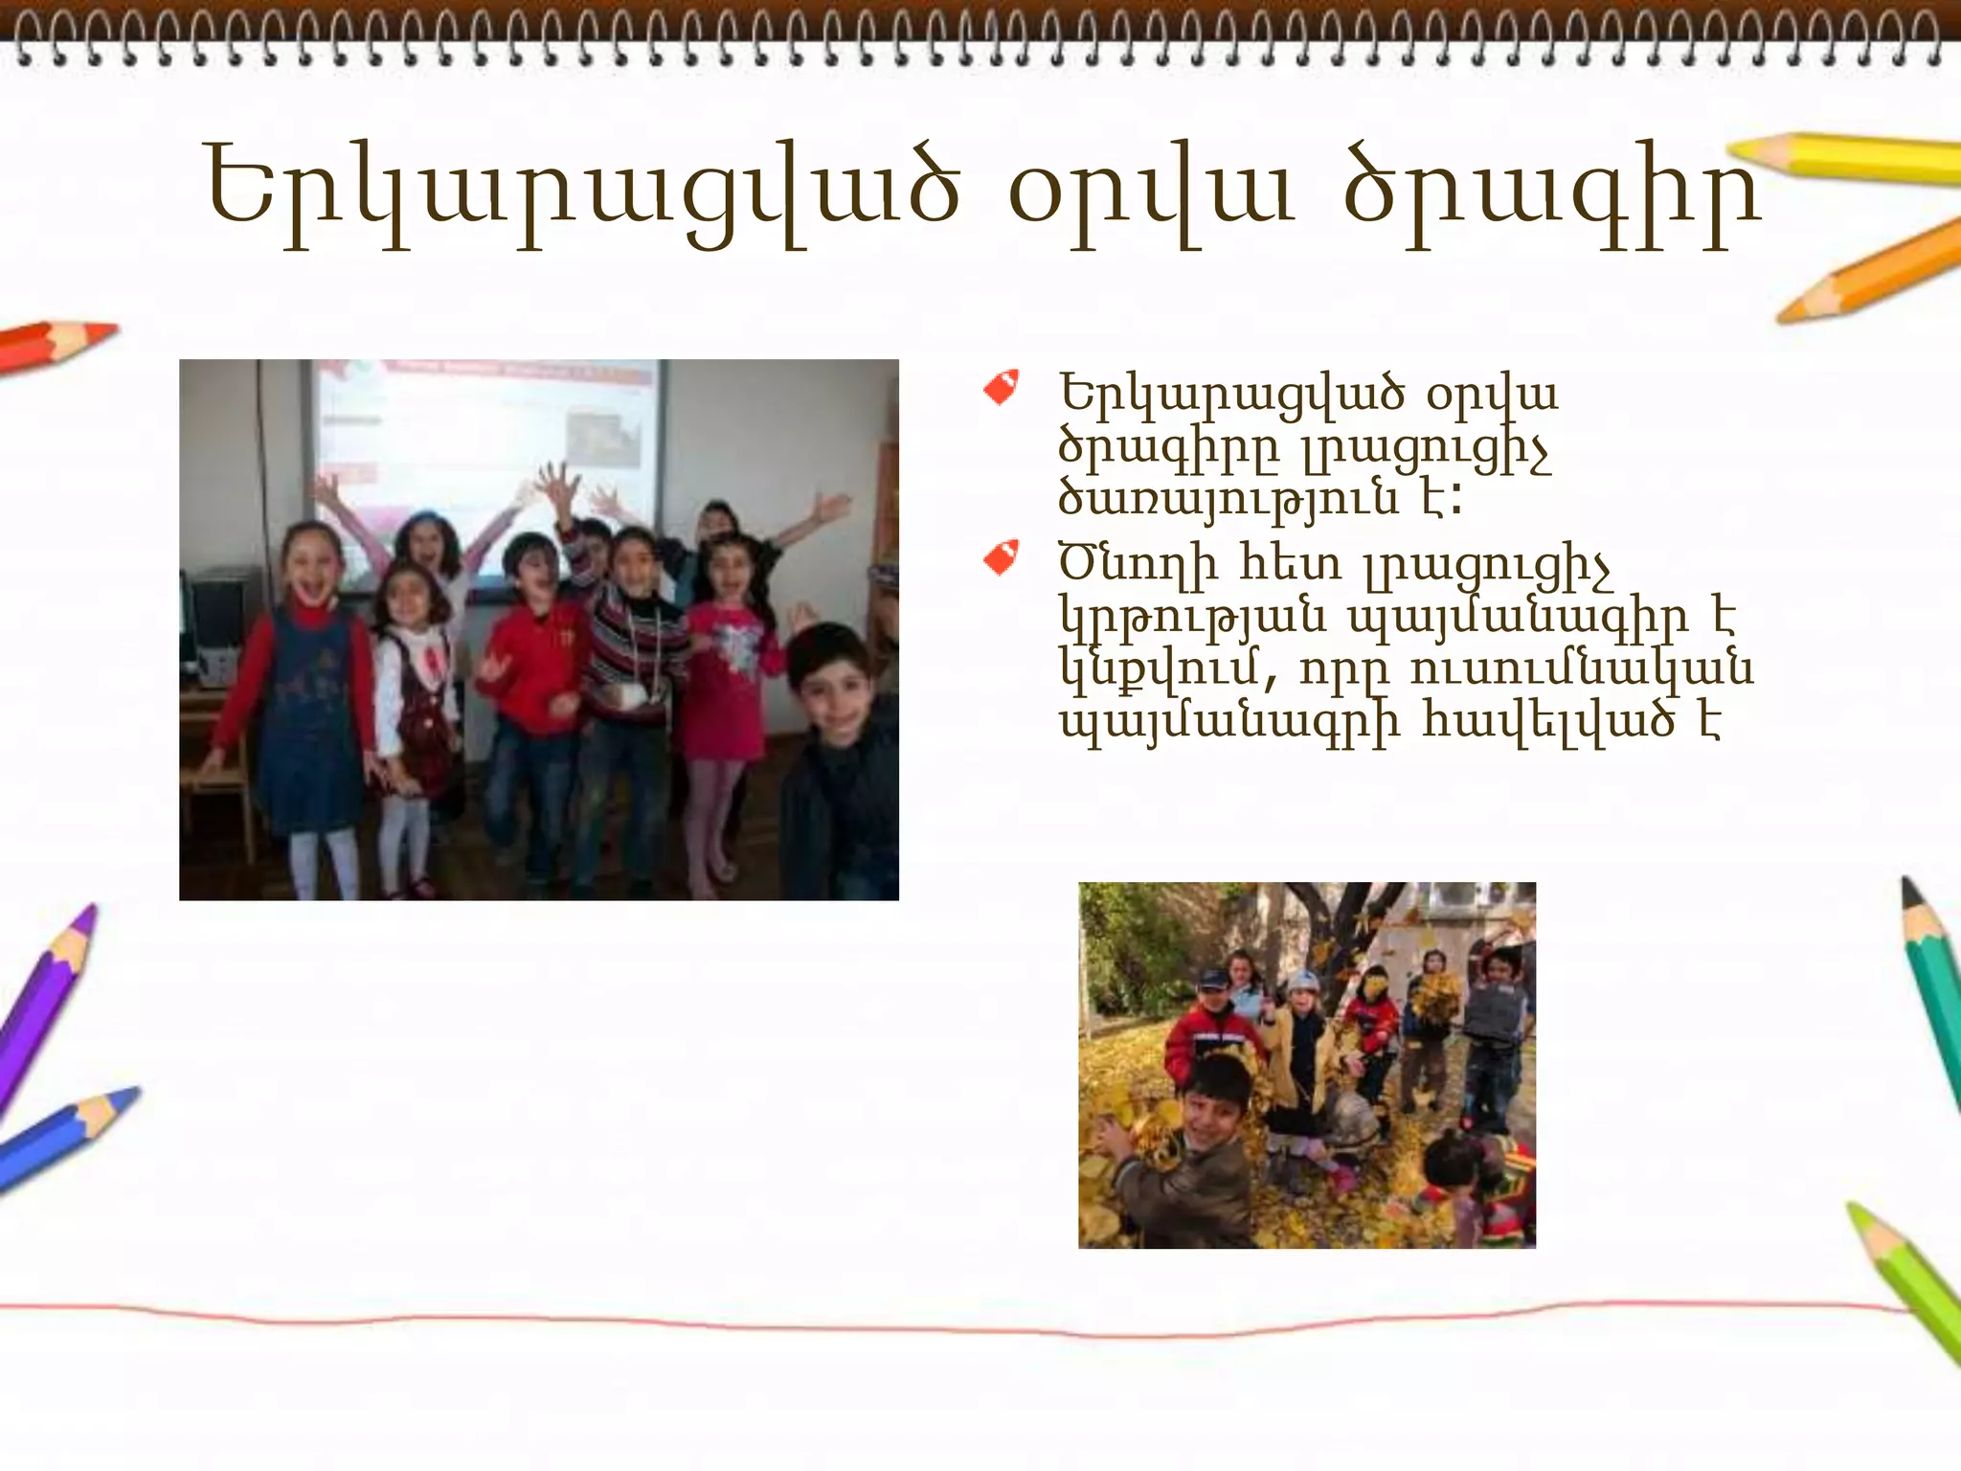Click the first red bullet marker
(1001, 388)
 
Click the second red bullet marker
(1001, 558)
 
